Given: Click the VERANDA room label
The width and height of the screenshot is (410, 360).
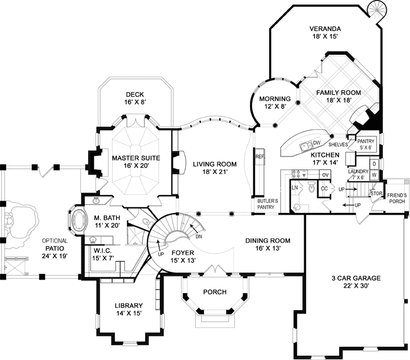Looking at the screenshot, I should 325,28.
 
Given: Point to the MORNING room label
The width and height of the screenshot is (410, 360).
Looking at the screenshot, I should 274,98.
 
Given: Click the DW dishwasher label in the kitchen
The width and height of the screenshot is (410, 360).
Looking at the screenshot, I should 317,142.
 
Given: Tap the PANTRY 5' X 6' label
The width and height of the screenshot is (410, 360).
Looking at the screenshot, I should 366,141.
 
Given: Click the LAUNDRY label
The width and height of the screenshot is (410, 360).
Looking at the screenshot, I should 358,171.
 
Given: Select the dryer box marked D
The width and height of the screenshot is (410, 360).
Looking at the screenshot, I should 374,164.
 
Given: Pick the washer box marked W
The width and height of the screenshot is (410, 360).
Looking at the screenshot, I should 374,175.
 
